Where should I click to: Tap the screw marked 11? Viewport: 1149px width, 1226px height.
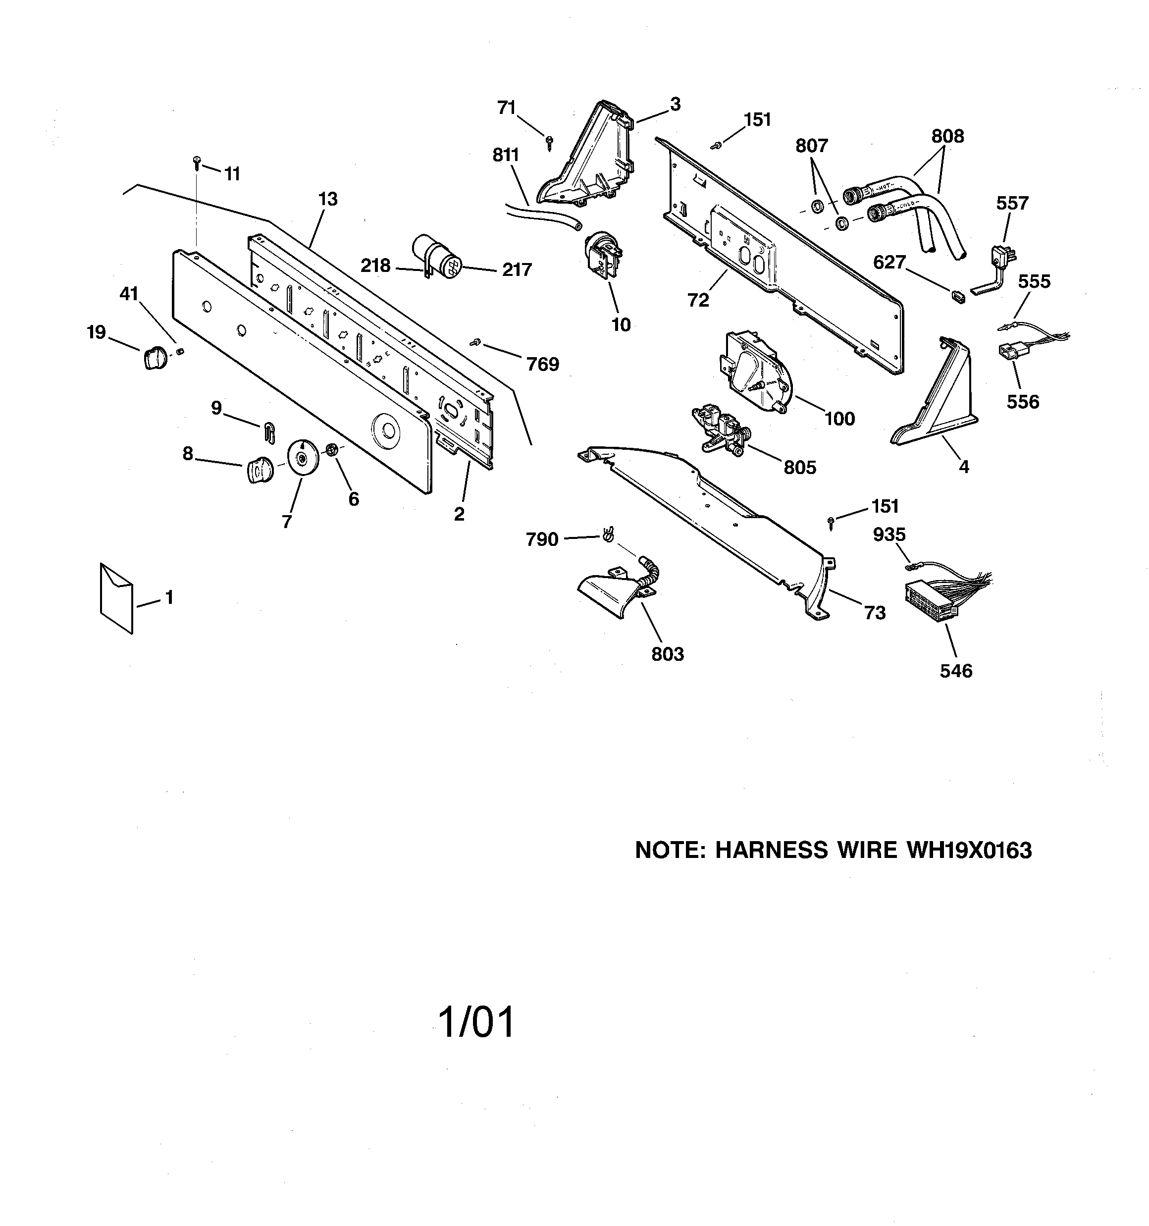pos(197,161)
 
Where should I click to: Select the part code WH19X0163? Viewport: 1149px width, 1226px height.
pos(968,851)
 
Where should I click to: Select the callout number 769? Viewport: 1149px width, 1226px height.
pos(542,365)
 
